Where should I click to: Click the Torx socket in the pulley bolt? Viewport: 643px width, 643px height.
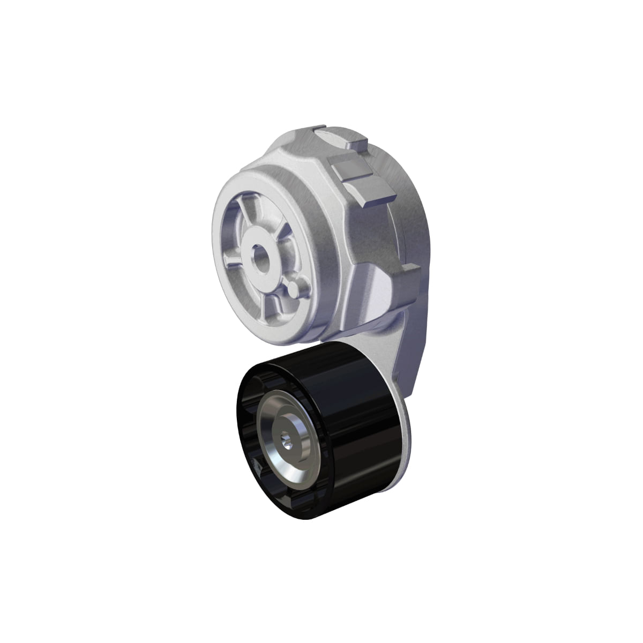pos(284,441)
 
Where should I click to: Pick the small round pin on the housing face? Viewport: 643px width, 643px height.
pos(293,289)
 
